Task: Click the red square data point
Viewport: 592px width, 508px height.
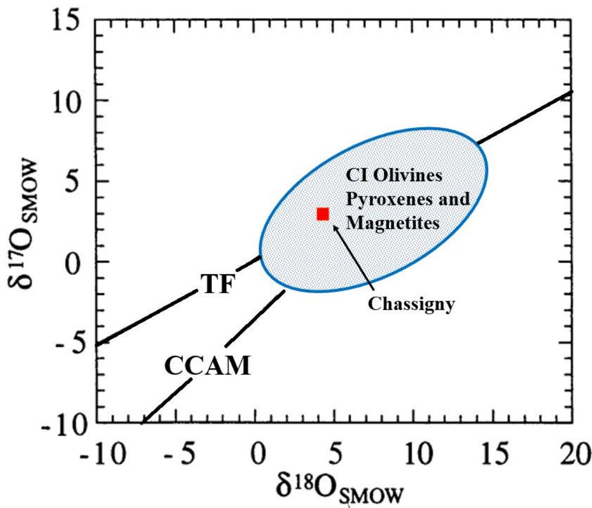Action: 323,214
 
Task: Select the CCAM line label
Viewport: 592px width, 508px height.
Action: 208,367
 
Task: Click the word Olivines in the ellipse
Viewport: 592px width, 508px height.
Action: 406,177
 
